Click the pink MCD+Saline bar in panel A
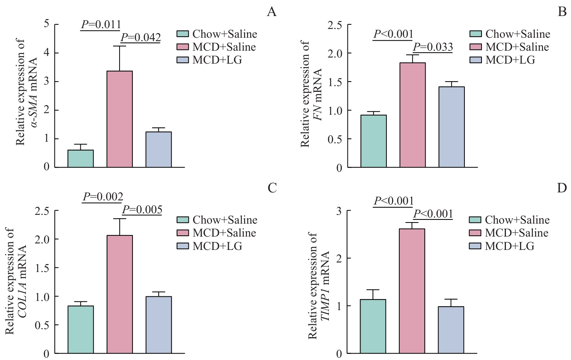coord(120,119)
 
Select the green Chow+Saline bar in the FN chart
coord(373,141)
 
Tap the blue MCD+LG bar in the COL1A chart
coord(158,325)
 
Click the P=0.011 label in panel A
coord(101,25)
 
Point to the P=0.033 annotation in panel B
coord(433,47)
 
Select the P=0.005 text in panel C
coord(142,210)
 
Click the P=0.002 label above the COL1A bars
coord(103,197)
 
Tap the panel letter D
coord(562,188)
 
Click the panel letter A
coord(271,12)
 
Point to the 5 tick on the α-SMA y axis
coord(46,24)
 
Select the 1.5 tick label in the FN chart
coord(335,82)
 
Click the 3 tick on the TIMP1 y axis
coord(339,211)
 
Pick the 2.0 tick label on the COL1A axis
coord(42,239)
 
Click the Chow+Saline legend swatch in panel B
coord(476,34)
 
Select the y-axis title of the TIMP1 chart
coord(318,286)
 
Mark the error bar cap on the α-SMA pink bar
coord(120,46)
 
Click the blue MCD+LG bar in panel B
coord(451,127)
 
